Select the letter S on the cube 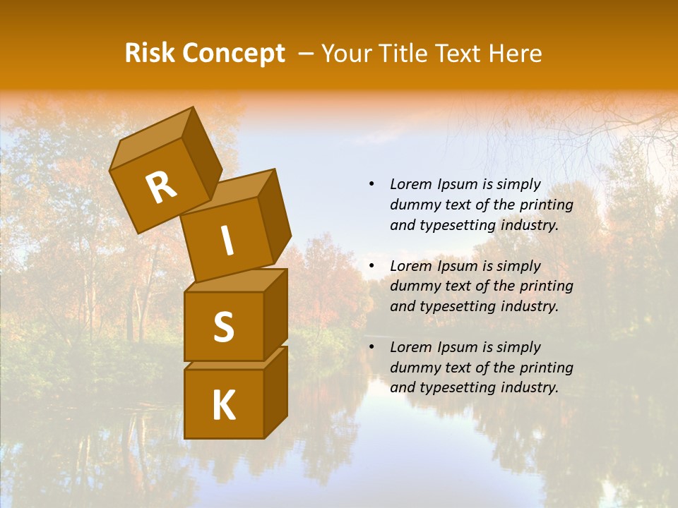point(223,327)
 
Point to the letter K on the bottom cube point(223,406)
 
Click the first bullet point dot point(371,184)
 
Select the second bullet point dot point(371,266)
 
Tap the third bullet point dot point(371,347)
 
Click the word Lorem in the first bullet point(410,184)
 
